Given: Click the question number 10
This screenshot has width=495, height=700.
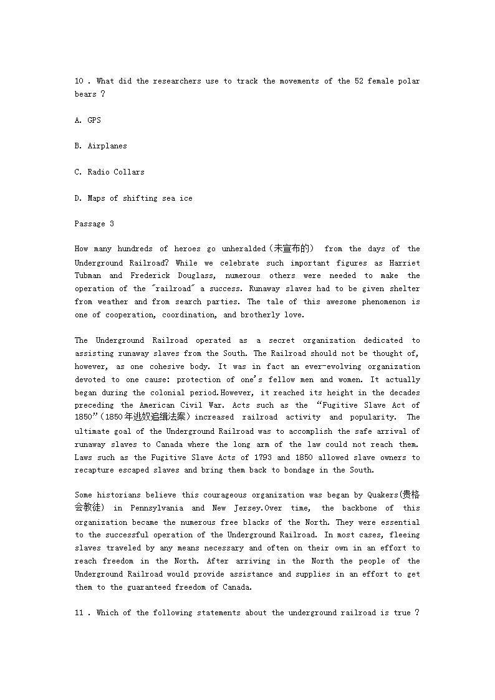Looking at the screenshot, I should (79, 81).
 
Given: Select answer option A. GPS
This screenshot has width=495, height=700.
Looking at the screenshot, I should (88, 120).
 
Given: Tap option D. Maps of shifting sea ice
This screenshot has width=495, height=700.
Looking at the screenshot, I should (133, 198).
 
